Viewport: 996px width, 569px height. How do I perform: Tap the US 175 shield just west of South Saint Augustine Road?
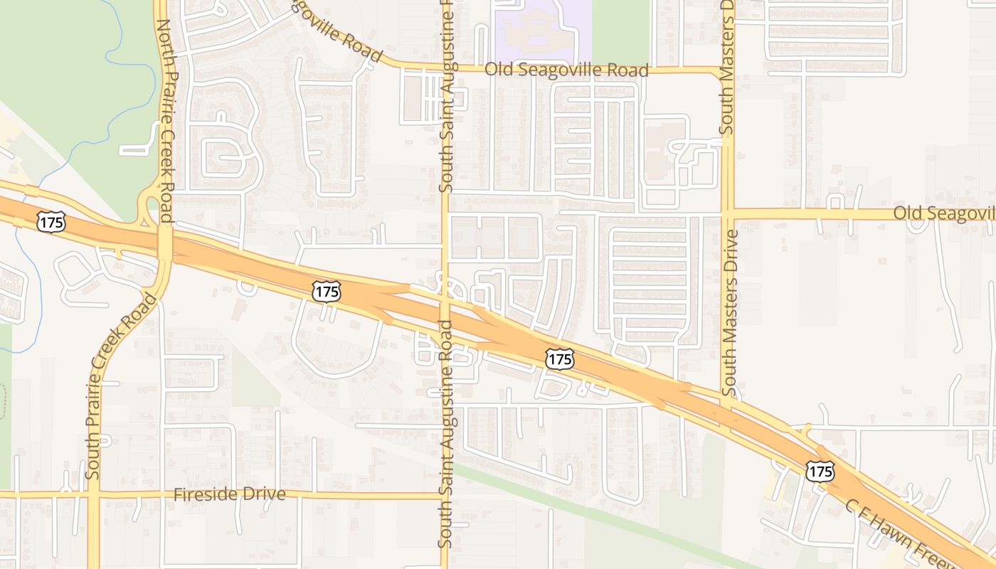(327, 290)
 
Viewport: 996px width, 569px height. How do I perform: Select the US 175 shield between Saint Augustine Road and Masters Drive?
(560, 359)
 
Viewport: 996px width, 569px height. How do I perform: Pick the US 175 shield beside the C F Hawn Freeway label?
(820, 470)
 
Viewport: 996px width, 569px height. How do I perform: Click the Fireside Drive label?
(230, 494)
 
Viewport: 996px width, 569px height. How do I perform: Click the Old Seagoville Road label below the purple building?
(566, 70)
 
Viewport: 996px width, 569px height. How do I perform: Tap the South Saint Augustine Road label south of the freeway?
(446, 434)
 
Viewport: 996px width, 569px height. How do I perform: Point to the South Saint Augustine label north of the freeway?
(446, 96)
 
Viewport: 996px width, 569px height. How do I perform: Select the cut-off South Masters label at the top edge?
(726, 68)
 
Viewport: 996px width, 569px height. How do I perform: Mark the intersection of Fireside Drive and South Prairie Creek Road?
(93, 493)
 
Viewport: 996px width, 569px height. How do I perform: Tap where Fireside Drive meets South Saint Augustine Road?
(445, 495)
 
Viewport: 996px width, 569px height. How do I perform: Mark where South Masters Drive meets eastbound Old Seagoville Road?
(727, 213)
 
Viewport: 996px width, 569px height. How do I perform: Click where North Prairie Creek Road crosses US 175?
(165, 244)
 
